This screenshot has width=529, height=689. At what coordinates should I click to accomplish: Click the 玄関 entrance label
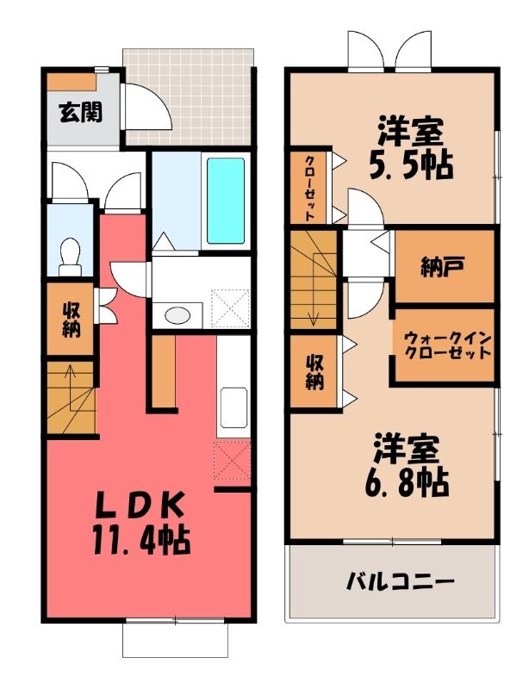pos(81,112)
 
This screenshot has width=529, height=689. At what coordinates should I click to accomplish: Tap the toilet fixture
pos(70,257)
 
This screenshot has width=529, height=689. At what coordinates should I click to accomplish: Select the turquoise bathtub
pos(226,201)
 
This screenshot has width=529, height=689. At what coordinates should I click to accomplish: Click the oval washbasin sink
pos(177,315)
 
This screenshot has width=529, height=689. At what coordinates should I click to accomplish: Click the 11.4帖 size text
pos(141,540)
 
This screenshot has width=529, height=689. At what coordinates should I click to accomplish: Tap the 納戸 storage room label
pos(443,267)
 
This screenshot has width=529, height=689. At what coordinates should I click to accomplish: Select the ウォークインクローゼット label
pos(447,346)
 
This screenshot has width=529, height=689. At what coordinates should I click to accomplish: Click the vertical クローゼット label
pos(310,188)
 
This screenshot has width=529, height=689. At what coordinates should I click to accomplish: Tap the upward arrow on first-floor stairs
pos(69,376)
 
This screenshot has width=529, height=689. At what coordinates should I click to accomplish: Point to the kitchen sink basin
pos(233,407)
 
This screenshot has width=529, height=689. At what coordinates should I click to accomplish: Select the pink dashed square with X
pos(232,461)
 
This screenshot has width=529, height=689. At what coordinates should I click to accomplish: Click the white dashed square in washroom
pos(230,307)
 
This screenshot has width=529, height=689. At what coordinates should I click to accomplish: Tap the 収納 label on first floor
pos(71,320)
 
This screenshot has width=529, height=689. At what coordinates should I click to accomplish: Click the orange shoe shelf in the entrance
pos(72,82)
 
